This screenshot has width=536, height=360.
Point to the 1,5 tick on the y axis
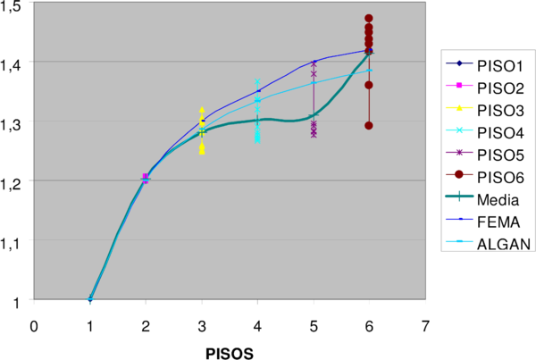15,6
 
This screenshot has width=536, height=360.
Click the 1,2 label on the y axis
15,181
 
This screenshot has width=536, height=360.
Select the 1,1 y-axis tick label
15,241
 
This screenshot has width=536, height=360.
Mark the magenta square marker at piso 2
146,177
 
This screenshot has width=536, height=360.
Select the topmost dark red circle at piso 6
369,19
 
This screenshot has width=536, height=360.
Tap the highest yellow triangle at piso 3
202,109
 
